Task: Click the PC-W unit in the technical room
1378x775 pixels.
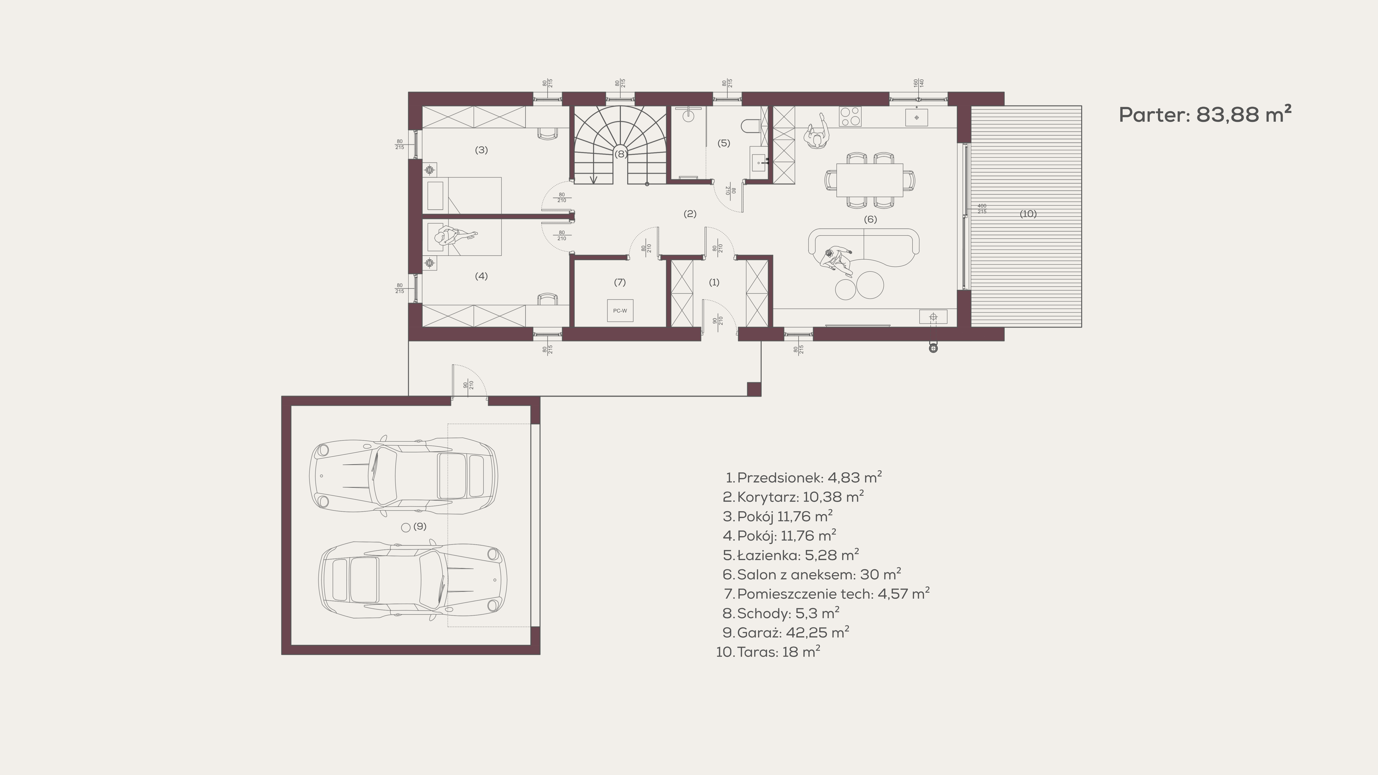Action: tap(620, 310)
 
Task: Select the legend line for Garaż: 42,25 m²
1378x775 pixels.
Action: tap(786, 632)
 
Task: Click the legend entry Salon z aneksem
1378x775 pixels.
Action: tap(811, 575)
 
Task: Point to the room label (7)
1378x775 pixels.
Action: tap(619, 282)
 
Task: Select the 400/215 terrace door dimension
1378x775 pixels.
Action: tap(982, 209)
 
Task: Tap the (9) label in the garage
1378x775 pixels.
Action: tap(420, 526)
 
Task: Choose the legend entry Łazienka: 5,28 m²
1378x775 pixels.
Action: tap(791, 555)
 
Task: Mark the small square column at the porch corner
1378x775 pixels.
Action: tap(754, 389)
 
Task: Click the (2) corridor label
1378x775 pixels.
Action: tap(690, 213)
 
